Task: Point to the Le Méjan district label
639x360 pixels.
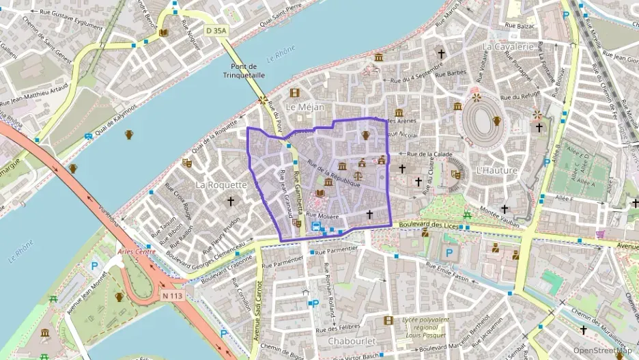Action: pyautogui.click(x=304, y=107)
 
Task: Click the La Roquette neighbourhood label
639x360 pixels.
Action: pyautogui.click(x=221, y=184)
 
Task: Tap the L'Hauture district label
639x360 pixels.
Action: pyautogui.click(x=496, y=169)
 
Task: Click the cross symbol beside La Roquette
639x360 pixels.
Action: pyautogui.click(x=231, y=202)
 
